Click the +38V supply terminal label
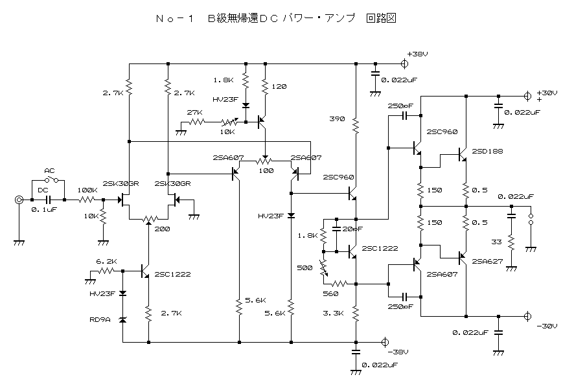[x=417, y=54]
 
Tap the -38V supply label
[x=398, y=352]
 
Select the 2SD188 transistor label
[x=487, y=151]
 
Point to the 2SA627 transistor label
[x=487, y=261]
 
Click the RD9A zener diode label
[x=100, y=319]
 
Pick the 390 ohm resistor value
[x=337, y=119]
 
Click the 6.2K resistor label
[x=106, y=261]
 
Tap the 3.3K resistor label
[x=333, y=313]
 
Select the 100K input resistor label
[x=87, y=190]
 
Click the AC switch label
[x=49, y=171]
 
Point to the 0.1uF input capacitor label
[x=44, y=210]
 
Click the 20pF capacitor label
[x=352, y=229]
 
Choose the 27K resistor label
[x=195, y=112]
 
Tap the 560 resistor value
[x=330, y=293]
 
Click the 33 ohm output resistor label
[x=496, y=242]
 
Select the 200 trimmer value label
[x=162, y=229]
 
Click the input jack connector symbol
[x=19, y=200]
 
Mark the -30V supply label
[x=547, y=326]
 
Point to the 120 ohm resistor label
[x=279, y=87]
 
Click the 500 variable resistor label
[x=304, y=268]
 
